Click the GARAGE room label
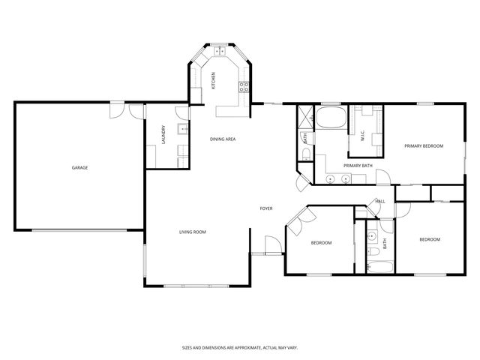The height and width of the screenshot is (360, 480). [x=79, y=167]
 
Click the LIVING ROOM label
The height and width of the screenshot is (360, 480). [x=192, y=232]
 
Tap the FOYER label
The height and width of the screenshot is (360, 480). [x=266, y=208]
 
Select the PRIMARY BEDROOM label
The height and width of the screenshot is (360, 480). [x=424, y=145]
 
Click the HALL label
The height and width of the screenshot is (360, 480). [x=380, y=201]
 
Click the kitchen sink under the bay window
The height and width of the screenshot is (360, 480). [x=220, y=52]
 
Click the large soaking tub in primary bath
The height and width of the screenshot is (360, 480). [x=330, y=118]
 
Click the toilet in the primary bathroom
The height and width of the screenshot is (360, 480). [x=306, y=154]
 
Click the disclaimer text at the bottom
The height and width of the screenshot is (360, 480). [x=239, y=347]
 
